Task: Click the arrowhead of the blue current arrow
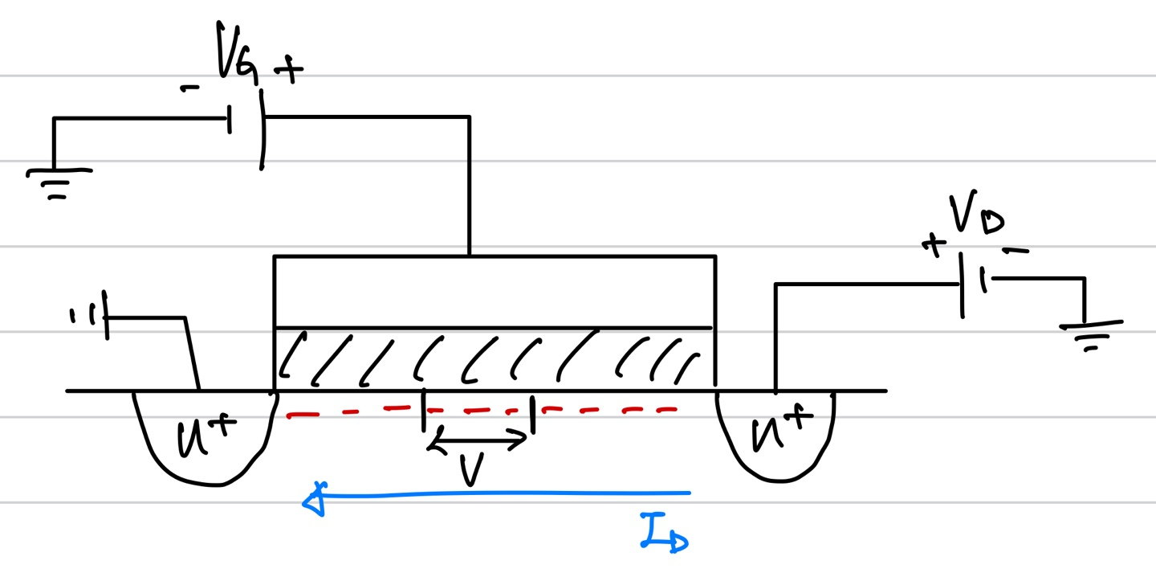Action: [x=313, y=501]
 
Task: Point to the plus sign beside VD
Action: [x=933, y=244]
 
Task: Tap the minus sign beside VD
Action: [x=1016, y=251]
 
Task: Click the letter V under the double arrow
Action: [x=471, y=471]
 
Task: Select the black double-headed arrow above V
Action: [x=477, y=438]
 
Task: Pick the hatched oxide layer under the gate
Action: [x=493, y=358]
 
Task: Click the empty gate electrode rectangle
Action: [x=493, y=292]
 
